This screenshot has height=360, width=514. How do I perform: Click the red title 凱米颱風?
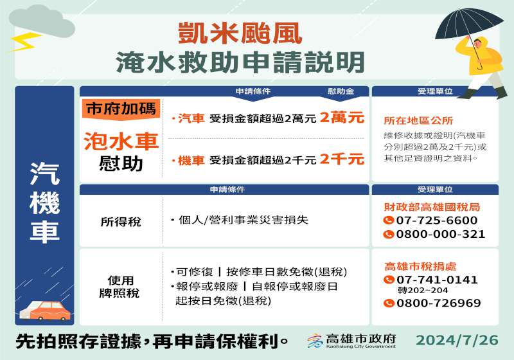240,33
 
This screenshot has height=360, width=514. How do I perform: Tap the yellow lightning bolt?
24,42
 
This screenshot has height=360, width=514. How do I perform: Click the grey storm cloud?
42,22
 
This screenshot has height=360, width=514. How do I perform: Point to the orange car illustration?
45,310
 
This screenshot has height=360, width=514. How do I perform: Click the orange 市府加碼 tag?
121,109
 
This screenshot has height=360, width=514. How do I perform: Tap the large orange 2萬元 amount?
342,118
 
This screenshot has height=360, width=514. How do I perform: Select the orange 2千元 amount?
342,159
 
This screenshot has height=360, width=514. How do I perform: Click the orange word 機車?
191,160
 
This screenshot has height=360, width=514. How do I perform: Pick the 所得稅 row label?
121,222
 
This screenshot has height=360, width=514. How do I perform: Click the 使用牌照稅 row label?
120,287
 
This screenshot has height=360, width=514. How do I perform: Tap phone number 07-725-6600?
437,221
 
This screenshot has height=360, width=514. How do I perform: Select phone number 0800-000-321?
441,234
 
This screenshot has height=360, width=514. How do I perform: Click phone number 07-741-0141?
437,280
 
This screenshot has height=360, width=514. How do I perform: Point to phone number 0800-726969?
439,303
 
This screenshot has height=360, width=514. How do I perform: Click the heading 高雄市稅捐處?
420,266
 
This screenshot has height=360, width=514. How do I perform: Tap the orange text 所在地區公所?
418,121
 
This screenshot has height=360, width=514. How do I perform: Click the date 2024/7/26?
457,340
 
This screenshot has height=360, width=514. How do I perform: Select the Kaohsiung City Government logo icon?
315,341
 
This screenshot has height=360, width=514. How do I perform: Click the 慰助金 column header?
341,91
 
